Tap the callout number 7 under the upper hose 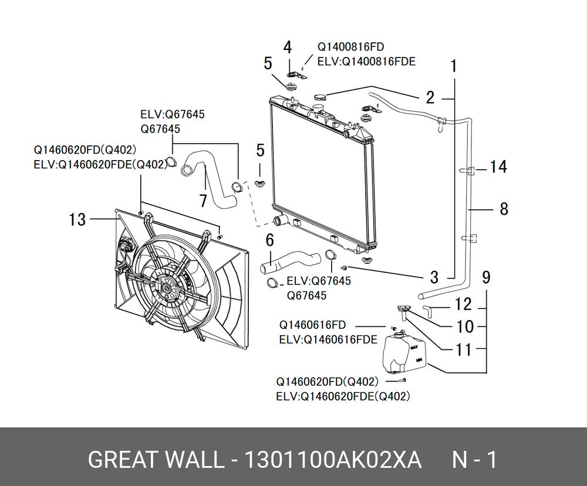point(203,201)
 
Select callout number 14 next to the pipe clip point(498,168)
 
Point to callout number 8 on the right point(504,208)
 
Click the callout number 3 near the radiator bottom point(434,277)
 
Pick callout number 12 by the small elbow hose point(463,304)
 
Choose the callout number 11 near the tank point(463,349)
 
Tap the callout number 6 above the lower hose point(269,240)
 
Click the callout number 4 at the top point(288,47)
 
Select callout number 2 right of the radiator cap point(430,97)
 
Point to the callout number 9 point(486,276)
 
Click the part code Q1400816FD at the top point(351,46)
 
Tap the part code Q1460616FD point(312,325)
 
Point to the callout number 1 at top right point(453,66)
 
